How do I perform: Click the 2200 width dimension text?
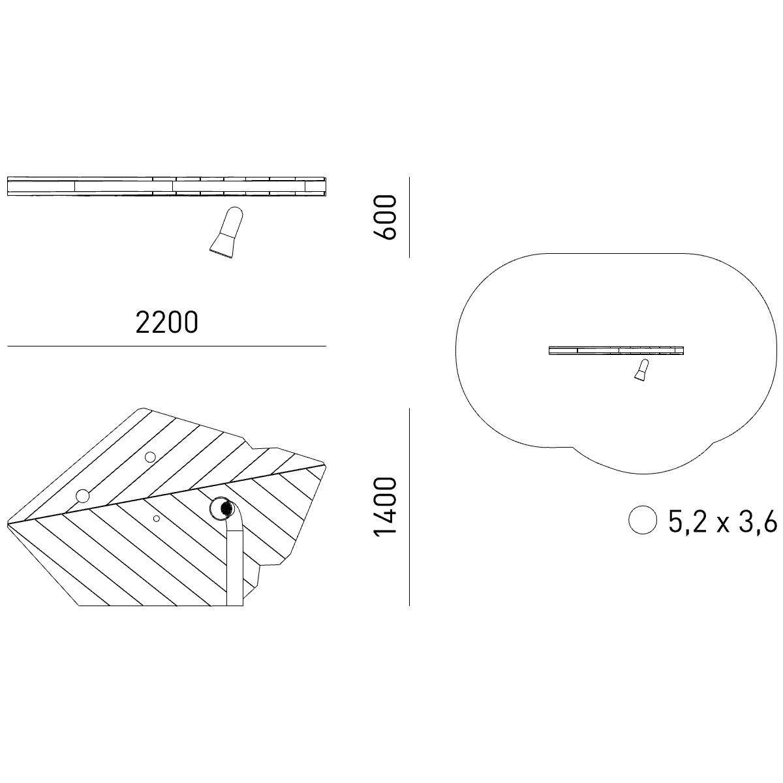pyautogui.click(x=166, y=322)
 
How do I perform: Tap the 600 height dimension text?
pyautogui.click(x=384, y=217)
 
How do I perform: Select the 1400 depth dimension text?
pyautogui.click(x=384, y=507)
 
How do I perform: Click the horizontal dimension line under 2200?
pyautogui.click(x=166, y=346)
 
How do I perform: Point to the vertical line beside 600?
pyautogui.click(x=409, y=217)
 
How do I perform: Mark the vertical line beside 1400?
pyautogui.click(x=409, y=507)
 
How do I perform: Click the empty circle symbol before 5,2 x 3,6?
pyautogui.click(x=643, y=519)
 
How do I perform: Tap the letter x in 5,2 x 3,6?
pyautogui.click(x=723, y=525)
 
